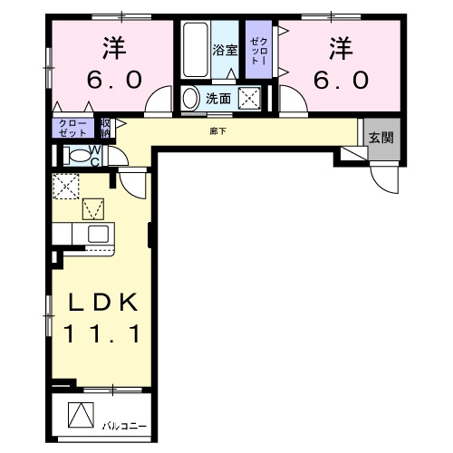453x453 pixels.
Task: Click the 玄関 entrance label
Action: click(x=381, y=138)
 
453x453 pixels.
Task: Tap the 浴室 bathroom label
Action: click(x=225, y=51)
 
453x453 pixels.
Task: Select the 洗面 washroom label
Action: click(x=217, y=98)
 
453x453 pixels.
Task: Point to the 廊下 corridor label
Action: click(x=218, y=130)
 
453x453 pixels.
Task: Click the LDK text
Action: click(x=101, y=302)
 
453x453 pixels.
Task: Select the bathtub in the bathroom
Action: click(x=195, y=50)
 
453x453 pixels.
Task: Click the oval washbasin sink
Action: click(x=190, y=97)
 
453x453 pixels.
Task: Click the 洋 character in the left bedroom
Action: click(x=112, y=45)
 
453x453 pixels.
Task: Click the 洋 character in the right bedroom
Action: click(x=340, y=45)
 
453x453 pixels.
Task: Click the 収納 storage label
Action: click(x=105, y=126)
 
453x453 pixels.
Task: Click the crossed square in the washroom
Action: click(x=249, y=98)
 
